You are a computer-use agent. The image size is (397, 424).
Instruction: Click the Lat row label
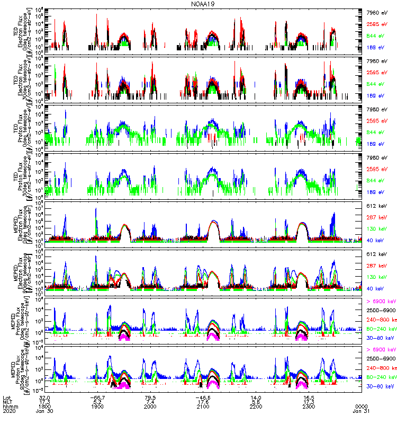coord(6,397)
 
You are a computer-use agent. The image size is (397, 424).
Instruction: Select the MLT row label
coord(7,402)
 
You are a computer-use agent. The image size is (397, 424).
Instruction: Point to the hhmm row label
coord(9,407)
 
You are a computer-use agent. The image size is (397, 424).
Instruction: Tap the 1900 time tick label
coord(97,407)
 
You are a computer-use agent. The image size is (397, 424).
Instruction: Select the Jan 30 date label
coord(44,411)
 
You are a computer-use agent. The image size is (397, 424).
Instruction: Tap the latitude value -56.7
coord(97,397)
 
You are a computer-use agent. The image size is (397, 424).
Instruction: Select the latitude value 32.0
coord(44,397)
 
